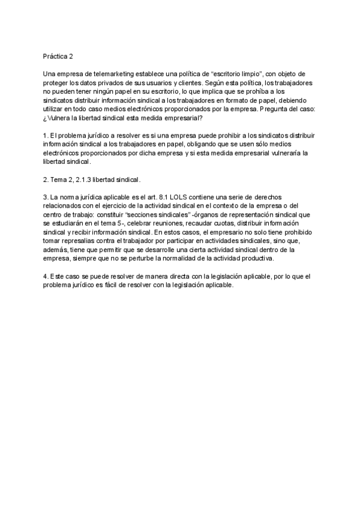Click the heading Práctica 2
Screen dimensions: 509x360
(58, 57)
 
